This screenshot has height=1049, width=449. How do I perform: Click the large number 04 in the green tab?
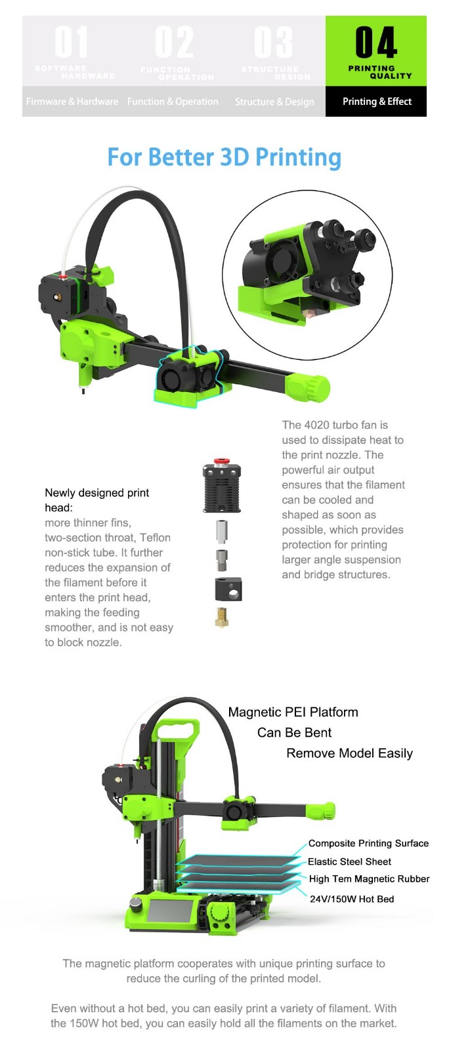(x=375, y=43)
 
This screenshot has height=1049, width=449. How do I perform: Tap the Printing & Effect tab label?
(x=377, y=102)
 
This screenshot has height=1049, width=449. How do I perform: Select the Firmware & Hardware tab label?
(x=72, y=102)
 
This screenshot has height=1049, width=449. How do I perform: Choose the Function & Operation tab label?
(x=173, y=102)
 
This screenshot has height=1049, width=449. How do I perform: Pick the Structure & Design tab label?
(x=274, y=102)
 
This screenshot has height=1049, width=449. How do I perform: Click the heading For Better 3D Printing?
(x=224, y=158)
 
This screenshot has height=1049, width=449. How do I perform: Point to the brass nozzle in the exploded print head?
(x=223, y=617)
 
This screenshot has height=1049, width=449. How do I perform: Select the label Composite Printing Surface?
(x=368, y=844)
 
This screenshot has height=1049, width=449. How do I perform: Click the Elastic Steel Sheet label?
(x=349, y=861)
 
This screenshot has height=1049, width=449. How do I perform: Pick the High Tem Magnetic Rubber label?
(x=369, y=879)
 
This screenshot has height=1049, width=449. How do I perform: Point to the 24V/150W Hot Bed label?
(x=352, y=899)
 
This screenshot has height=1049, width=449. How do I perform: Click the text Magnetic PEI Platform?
(x=293, y=712)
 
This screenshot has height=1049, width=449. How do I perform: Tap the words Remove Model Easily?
(x=349, y=753)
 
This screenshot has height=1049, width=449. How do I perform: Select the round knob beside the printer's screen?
(x=136, y=904)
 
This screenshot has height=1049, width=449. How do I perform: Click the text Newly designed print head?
(x=96, y=500)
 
